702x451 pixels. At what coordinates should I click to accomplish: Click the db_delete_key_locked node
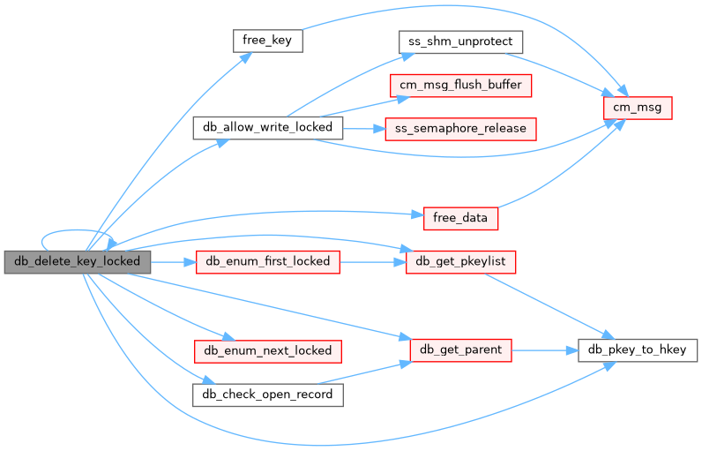point(77,261)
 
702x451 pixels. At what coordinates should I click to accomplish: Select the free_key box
point(268,41)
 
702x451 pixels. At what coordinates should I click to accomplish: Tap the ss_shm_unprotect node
point(461,41)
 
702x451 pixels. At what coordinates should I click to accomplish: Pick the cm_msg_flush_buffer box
point(461,86)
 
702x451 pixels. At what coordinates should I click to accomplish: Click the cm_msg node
point(638,108)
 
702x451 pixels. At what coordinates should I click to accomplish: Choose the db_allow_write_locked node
point(267,127)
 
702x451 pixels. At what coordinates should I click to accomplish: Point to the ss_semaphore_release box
point(461,129)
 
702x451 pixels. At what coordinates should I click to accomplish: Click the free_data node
point(461,217)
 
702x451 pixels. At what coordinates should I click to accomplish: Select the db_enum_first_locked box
point(267,261)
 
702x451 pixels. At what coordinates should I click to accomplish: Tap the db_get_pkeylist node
point(461,261)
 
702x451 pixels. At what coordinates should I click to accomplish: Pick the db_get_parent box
point(461,350)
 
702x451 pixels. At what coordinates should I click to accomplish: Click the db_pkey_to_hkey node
point(638,350)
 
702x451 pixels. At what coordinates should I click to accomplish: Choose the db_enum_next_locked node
point(267,350)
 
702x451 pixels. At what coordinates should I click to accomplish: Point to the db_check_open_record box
point(267,394)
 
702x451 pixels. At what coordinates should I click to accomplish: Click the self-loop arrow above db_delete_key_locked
point(76,231)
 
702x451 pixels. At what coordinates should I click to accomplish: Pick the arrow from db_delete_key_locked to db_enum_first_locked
point(173,261)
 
